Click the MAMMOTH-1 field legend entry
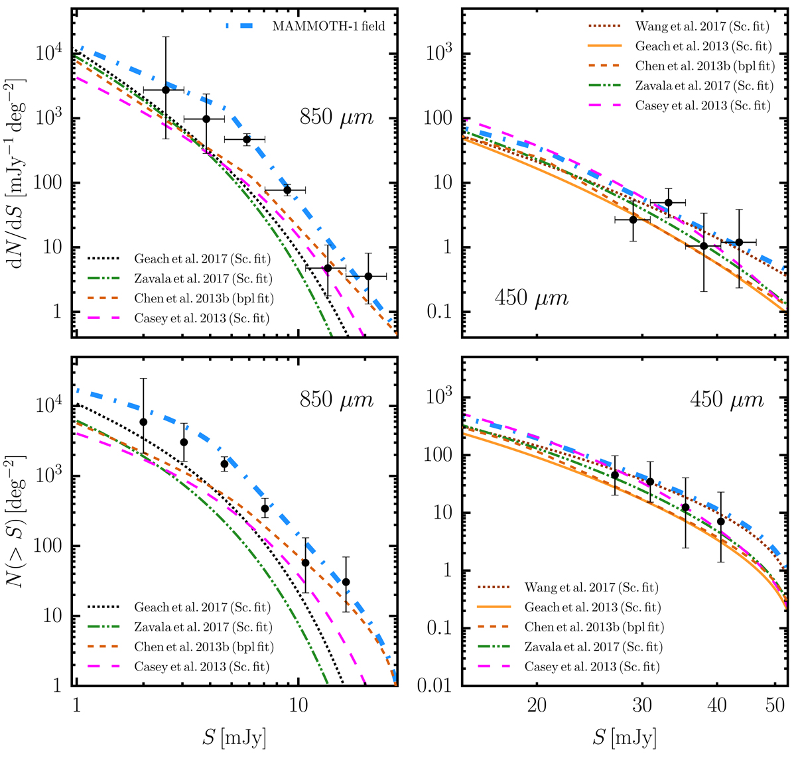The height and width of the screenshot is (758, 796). click(x=328, y=27)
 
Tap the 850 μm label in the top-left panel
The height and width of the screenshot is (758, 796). click(x=336, y=119)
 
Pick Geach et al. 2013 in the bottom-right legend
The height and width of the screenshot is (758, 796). click(x=592, y=607)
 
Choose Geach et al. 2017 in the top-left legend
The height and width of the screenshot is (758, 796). click(x=202, y=259)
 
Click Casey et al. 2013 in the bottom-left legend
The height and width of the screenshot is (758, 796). click(x=202, y=666)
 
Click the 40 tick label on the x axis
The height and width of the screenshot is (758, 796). click(x=716, y=704)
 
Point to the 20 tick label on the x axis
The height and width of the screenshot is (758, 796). click(x=537, y=704)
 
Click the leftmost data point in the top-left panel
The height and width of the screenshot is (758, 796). click(x=166, y=90)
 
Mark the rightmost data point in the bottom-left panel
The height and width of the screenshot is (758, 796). click(x=346, y=582)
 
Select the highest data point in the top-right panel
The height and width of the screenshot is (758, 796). click(x=668, y=202)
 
